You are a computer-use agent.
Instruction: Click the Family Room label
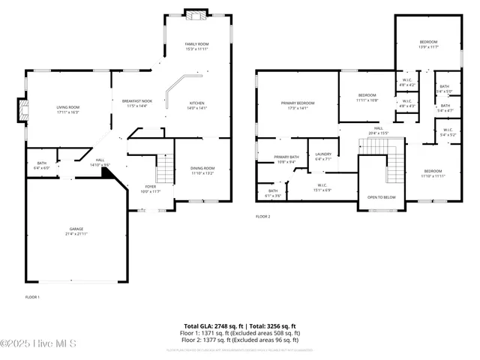197,47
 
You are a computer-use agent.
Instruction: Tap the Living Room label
68,109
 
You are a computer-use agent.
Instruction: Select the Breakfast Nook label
137,103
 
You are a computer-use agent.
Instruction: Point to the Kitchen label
196,106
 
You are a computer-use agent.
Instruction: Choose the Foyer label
151,188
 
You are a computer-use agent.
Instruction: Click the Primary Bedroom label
298,105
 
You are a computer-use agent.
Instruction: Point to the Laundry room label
323,156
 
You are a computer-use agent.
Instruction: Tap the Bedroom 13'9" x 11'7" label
428,44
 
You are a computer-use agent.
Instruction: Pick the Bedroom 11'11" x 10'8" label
367,97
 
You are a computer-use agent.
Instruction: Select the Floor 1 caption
32,297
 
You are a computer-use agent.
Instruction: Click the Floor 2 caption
262,216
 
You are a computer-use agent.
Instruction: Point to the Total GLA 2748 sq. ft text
215,325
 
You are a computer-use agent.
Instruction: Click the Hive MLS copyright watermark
34,343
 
